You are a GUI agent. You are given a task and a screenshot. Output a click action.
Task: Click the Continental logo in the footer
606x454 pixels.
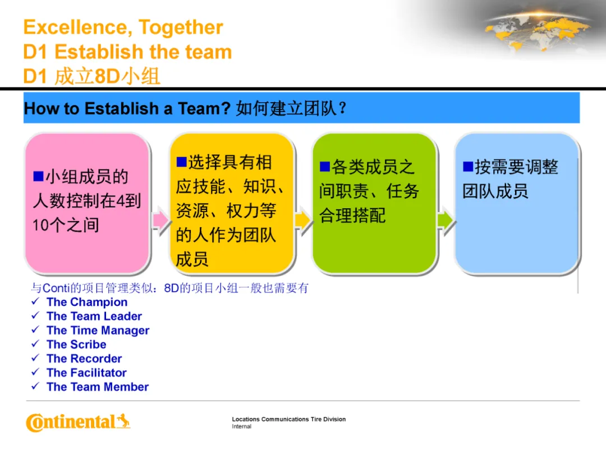pyautogui.click(x=78, y=422)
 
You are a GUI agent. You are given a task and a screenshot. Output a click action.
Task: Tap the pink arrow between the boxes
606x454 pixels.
pyautogui.click(x=160, y=220)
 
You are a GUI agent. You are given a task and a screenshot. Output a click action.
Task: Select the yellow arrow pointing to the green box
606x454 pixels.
pyautogui.click(x=303, y=220)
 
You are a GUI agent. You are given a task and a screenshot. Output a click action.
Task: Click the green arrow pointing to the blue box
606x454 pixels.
pyautogui.click(x=446, y=220)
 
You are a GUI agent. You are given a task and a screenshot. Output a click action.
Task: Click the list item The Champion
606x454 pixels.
pyautogui.click(x=87, y=302)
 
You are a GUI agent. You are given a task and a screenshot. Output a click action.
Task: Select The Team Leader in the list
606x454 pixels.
pyautogui.click(x=94, y=316)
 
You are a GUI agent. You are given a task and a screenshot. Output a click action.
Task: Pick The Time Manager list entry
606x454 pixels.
pyautogui.click(x=98, y=331)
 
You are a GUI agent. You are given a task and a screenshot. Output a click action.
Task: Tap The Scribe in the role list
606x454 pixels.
pyautogui.click(x=76, y=344)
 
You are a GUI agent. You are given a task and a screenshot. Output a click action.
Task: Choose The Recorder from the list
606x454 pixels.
pyautogui.click(x=84, y=359)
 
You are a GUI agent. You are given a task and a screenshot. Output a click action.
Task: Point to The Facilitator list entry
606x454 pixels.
pyautogui.click(x=86, y=373)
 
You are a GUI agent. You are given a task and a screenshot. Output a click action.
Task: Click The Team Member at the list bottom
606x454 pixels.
pyautogui.click(x=98, y=387)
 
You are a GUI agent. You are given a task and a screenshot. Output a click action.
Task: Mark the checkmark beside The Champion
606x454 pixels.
pyautogui.click(x=35, y=301)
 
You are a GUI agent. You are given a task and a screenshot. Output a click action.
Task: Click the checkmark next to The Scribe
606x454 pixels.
pyautogui.click(x=35, y=343)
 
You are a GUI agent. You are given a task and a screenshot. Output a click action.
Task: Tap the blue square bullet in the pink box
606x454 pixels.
pyautogui.click(x=38, y=176)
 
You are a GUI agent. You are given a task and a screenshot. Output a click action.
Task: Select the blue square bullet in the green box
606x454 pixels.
pyautogui.click(x=325, y=167)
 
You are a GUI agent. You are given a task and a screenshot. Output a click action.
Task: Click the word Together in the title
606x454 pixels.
pyautogui.click(x=181, y=27)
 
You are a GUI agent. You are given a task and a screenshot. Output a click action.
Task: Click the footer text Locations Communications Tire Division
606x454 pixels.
pyautogui.click(x=289, y=419)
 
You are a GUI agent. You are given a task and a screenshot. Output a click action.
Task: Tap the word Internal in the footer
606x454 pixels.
pyautogui.click(x=241, y=427)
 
